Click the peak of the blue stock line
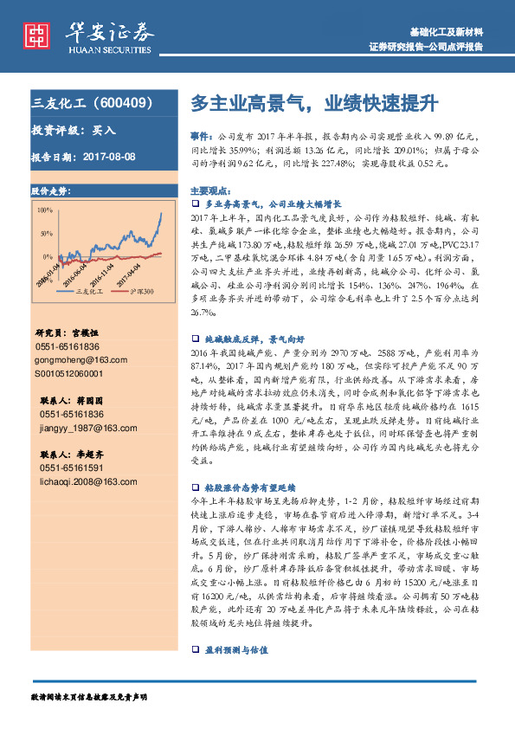click(160, 214)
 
